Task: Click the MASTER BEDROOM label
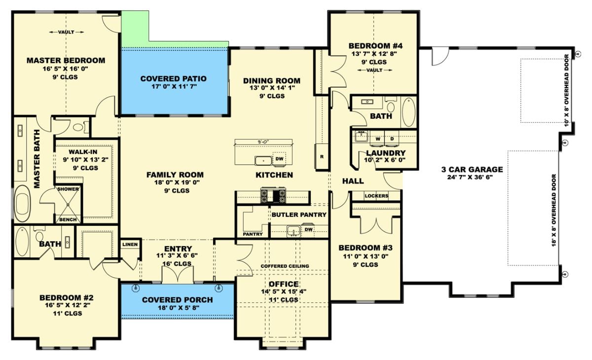tap(66, 61)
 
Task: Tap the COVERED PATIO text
tap(173, 79)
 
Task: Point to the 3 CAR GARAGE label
tap(472, 170)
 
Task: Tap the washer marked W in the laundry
tap(377, 140)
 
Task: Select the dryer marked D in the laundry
tap(393, 140)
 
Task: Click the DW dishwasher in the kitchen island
tap(279, 159)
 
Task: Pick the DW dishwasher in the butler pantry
tap(308, 229)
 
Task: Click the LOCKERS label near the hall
tap(376, 196)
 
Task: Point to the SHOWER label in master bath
tap(68, 189)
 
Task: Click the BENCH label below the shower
tap(68, 219)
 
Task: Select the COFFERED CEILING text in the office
tap(285, 266)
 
